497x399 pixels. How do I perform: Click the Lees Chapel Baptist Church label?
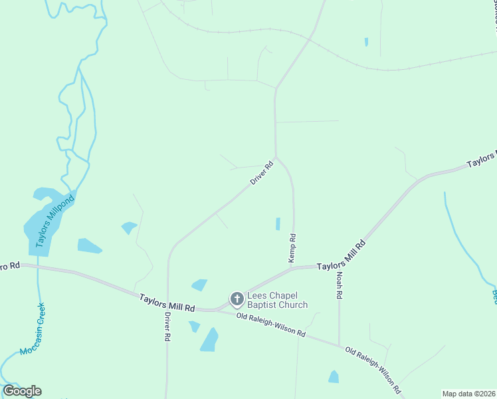coord(278,300)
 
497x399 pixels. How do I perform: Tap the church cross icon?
coord(237,300)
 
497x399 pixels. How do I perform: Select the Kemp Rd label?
coord(292,248)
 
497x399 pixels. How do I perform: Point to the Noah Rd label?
coord(339,285)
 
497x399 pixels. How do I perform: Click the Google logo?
coord(22,391)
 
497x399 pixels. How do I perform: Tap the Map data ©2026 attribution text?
coord(468,394)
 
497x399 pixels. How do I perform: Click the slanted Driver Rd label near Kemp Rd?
coord(262,174)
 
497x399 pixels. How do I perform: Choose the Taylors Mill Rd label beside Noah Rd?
coord(342,255)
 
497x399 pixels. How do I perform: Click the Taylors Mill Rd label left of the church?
coord(167,303)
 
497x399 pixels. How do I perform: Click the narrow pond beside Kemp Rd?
coord(278,224)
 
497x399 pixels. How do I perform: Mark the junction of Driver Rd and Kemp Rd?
coord(276,158)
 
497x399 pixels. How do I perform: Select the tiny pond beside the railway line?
coord(366,42)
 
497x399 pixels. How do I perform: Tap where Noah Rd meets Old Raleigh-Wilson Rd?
coord(339,346)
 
